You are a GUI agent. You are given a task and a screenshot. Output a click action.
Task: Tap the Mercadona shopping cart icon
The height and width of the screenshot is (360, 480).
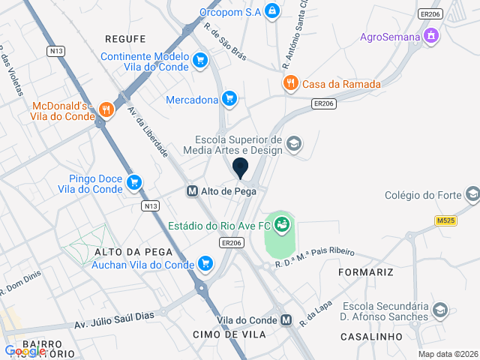[230, 98]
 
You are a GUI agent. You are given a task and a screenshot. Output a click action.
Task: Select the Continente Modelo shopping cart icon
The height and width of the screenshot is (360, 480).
[199, 60]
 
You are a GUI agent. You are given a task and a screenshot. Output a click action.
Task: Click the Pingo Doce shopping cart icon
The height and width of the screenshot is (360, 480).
[134, 182]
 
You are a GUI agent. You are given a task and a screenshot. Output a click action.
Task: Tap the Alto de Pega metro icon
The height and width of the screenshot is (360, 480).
[192, 191]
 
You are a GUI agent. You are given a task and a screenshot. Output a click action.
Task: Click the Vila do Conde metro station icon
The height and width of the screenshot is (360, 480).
[286, 320]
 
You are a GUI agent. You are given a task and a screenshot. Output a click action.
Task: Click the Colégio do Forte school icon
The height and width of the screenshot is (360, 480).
[472, 195]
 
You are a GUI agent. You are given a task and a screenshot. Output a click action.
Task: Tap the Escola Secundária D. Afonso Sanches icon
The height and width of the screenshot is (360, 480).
[440, 310]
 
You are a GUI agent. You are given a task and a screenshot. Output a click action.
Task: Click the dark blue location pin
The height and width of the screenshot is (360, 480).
[241, 168]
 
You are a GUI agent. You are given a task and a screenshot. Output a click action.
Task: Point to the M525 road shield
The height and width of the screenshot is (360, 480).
[445, 220]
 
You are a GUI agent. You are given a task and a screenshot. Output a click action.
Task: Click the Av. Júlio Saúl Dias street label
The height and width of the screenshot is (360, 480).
[113, 320]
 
